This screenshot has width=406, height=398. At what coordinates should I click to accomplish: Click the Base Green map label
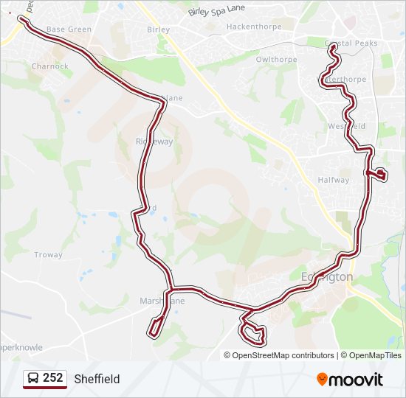click(x=68, y=29)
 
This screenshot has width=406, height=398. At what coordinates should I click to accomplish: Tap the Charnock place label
click(x=49, y=66)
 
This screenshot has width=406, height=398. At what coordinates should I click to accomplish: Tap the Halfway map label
click(x=333, y=180)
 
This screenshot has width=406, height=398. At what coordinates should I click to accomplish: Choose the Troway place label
click(x=48, y=255)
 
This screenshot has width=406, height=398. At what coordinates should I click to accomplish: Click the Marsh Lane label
click(x=162, y=301)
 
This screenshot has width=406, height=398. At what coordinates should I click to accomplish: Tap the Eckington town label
click(x=327, y=276)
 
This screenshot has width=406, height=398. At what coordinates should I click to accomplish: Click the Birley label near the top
click(x=158, y=30)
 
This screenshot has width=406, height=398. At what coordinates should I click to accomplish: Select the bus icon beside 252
click(x=32, y=378)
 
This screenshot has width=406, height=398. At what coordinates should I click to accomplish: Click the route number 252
click(x=52, y=378)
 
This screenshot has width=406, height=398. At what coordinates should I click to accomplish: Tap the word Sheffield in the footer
click(x=97, y=379)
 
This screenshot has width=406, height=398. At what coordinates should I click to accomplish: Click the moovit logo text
click(x=357, y=380)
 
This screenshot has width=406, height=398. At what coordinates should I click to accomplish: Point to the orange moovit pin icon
click(x=322, y=379)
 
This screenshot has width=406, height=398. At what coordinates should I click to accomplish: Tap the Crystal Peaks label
click(x=351, y=43)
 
